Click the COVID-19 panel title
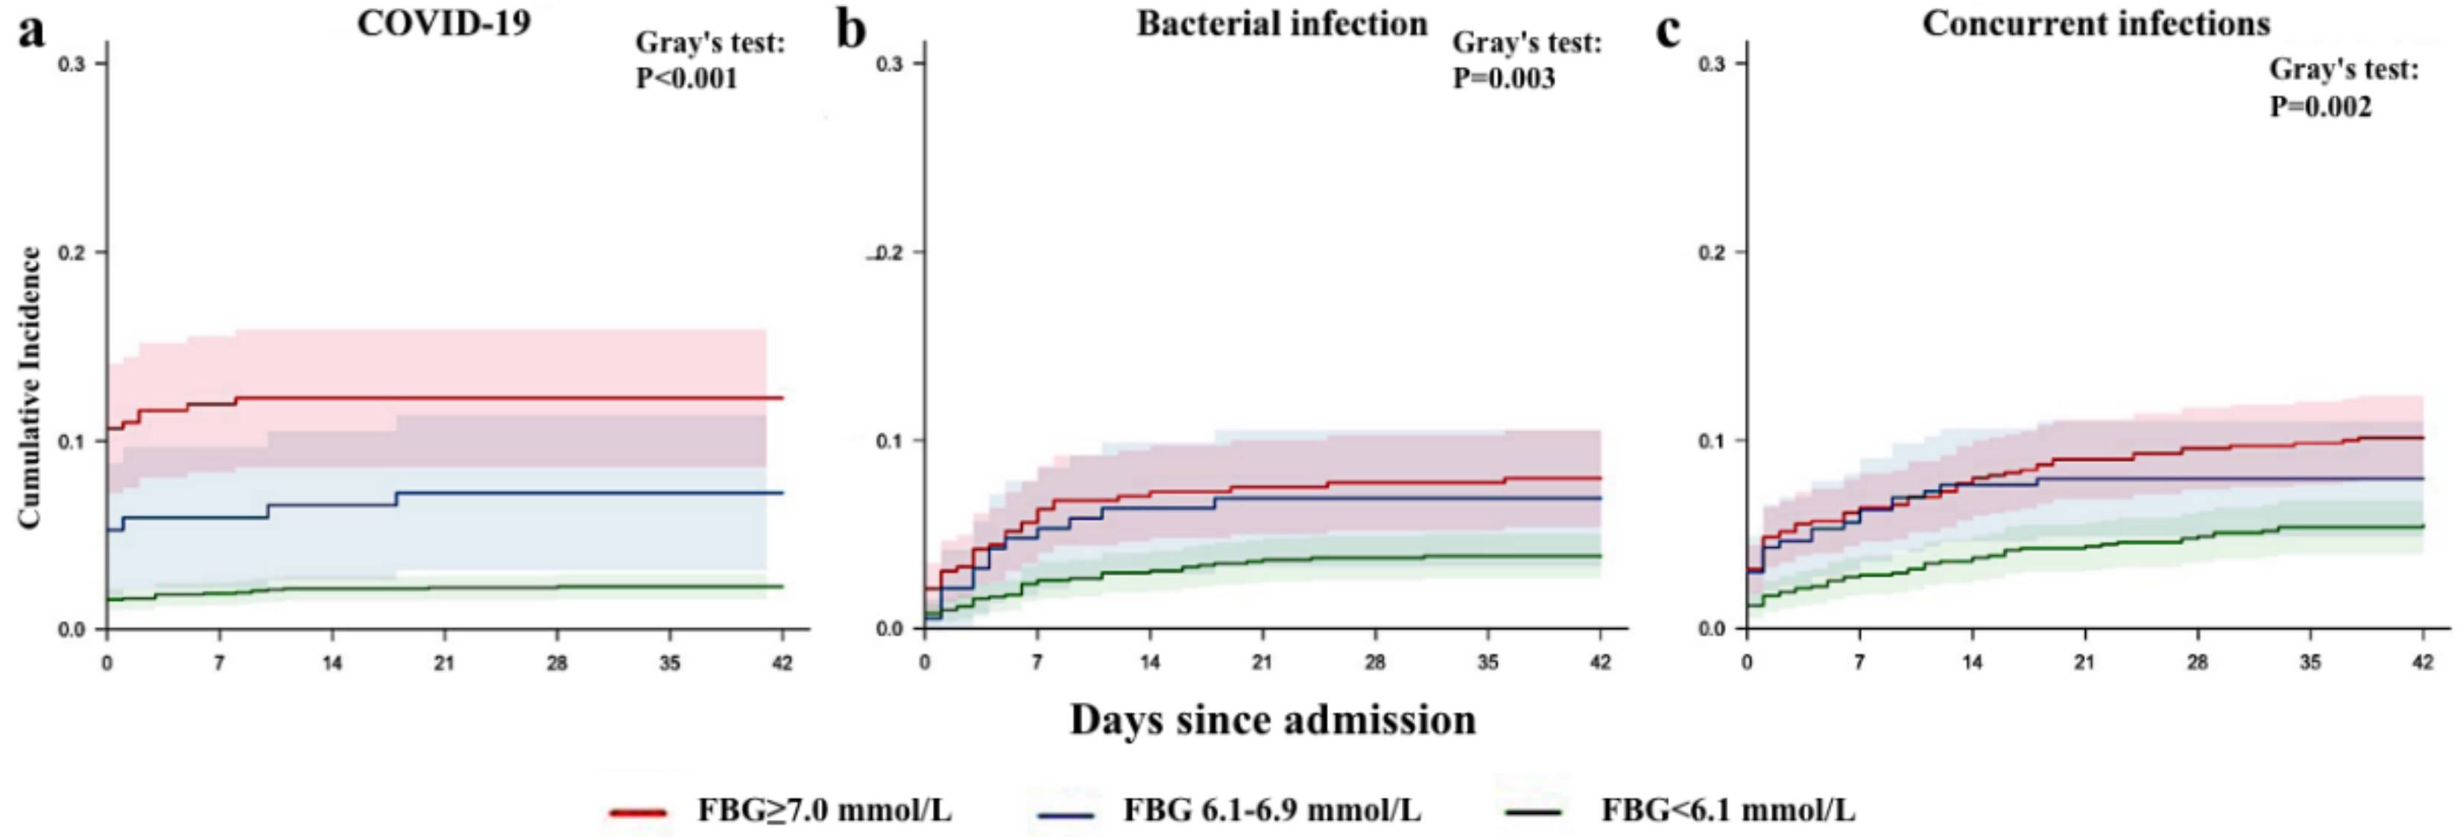pos(443,23)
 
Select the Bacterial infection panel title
pos(1281,23)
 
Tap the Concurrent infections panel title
pos(2096,23)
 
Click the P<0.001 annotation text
pos(686,78)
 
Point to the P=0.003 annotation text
pos(1504,78)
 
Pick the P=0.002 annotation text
pos(2321,106)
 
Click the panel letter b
pos(850,31)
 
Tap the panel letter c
pos(1668,31)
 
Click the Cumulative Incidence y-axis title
pos(30,388)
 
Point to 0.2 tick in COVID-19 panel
pos(72,253)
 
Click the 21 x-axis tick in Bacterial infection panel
pos(1262,662)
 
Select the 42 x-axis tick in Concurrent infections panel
pos(2422,662)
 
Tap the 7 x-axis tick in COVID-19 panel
pos(219,662)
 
